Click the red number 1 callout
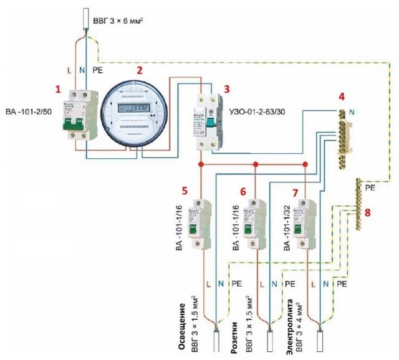click(x=59, y=89)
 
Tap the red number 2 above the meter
click(x=140, y=72)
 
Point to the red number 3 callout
click(x=226, y=89)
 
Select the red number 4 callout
click(x=341, y=97)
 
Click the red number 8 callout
click(x=367, y=212)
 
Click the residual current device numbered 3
click(x=206, y=121)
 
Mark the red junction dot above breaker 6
click(x=255, y=165)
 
